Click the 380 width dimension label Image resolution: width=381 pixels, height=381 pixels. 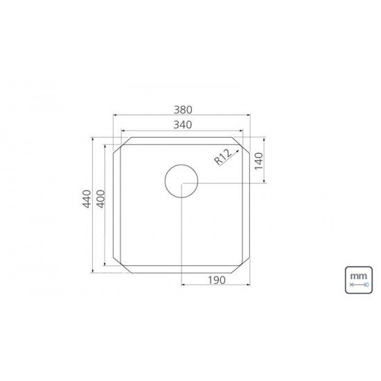tap(181, 109)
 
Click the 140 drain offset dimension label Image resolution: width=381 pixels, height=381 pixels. tap(258, 161)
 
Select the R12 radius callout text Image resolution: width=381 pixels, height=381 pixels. tap(222, 158)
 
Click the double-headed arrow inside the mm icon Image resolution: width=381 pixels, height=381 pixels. tap(358, 284)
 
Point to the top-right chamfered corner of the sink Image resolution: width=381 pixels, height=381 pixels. tap(242, 145)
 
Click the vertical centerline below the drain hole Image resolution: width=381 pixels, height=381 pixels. tap(181, 236)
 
